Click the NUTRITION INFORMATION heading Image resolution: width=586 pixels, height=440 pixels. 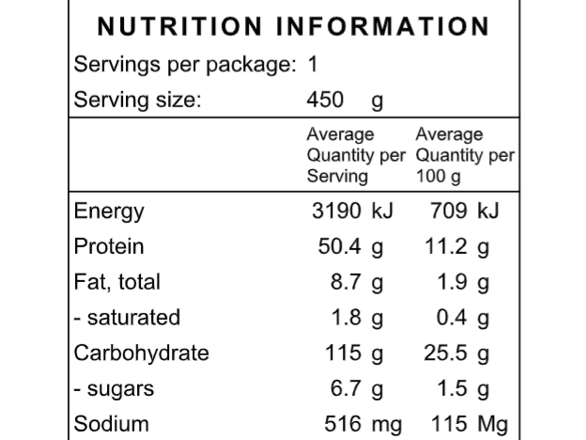point(294,25)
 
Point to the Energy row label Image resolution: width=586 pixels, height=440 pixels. point(109,211)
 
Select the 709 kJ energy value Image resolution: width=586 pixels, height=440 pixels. point(464,211)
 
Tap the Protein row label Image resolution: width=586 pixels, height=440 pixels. point(109,246)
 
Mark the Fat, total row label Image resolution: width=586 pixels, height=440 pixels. point(117,282)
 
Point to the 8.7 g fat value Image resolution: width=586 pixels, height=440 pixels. point(358,282)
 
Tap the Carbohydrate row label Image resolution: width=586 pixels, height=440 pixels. point(141,354)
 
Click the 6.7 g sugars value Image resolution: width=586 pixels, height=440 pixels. point(358,388)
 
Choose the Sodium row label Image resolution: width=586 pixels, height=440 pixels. point(111,424)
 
